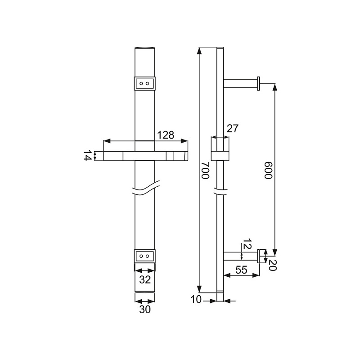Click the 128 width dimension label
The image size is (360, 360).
pos(165,135)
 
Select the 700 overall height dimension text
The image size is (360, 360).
pos(205,171)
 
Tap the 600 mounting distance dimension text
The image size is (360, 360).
pos(269,171)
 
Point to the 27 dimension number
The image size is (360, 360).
pos(232,129)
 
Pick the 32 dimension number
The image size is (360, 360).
pos(144,279)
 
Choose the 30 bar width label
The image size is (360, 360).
pos(144,310)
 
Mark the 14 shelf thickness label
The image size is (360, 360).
pos(88,156)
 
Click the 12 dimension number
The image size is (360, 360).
pos(246,245)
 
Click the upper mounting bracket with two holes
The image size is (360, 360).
pos(145,84)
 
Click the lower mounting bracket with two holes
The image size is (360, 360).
pos(145,256)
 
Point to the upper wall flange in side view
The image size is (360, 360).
pos(259,84)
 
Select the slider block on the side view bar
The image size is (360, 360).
pos(220,149)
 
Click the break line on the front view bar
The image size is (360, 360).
pos(145,188)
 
